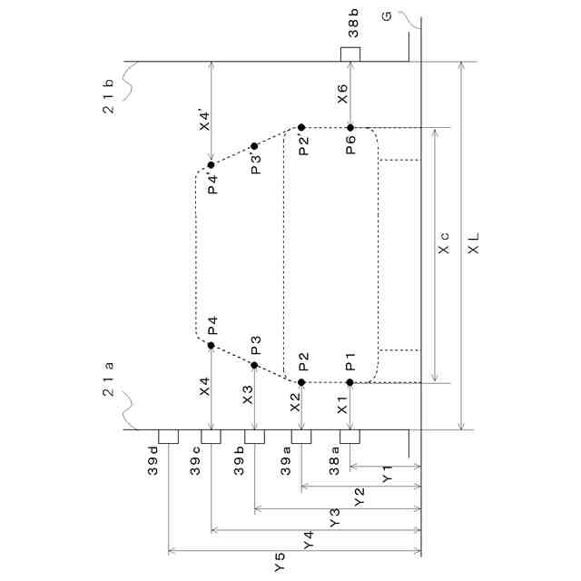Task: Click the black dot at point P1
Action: pos(350,382)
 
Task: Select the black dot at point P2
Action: pos(301,382)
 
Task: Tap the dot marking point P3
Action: pos(255,365)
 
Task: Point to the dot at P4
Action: pos(211,345)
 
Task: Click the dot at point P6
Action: pos(350,127)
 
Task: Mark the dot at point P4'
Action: pos(211,165)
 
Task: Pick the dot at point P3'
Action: pos(255,145)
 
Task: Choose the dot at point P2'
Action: pos(301,127)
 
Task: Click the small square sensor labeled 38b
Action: pos(350,54)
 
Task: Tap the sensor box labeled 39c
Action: pos(211,437)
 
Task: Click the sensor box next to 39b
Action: pos(255,437)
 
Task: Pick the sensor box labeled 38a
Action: pos(350,437)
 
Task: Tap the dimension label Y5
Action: pos(279,563)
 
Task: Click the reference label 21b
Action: pos(107,94)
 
